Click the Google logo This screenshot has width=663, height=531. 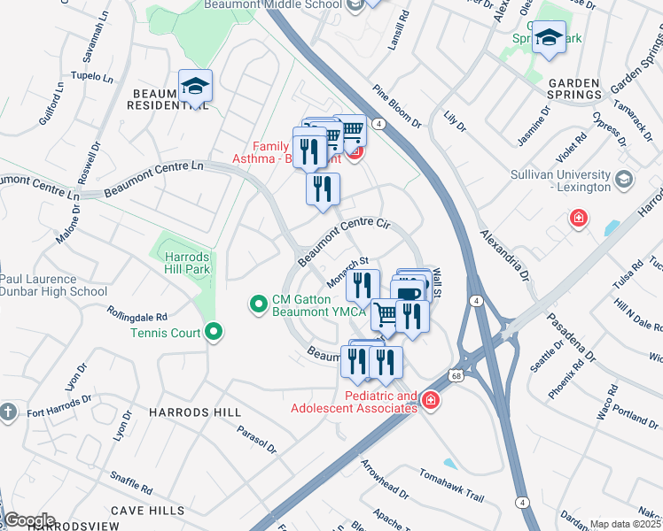(x=28, y=519)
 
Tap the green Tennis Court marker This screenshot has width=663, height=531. (x=213, y=333)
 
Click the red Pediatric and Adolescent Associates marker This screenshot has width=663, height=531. (x=430, y=401)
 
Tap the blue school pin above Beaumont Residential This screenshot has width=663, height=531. (x=195, y=86)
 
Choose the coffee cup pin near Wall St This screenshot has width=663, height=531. (x=409, y=293)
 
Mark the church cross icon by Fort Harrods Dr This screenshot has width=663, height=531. (x=8, y=412)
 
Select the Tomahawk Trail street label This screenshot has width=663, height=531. (x=452, y=484)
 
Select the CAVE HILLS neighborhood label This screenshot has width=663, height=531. (x=148, y=511)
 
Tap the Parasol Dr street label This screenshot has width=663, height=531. (x=257, y=440)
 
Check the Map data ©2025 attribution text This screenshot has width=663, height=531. (x=625, y=524)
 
